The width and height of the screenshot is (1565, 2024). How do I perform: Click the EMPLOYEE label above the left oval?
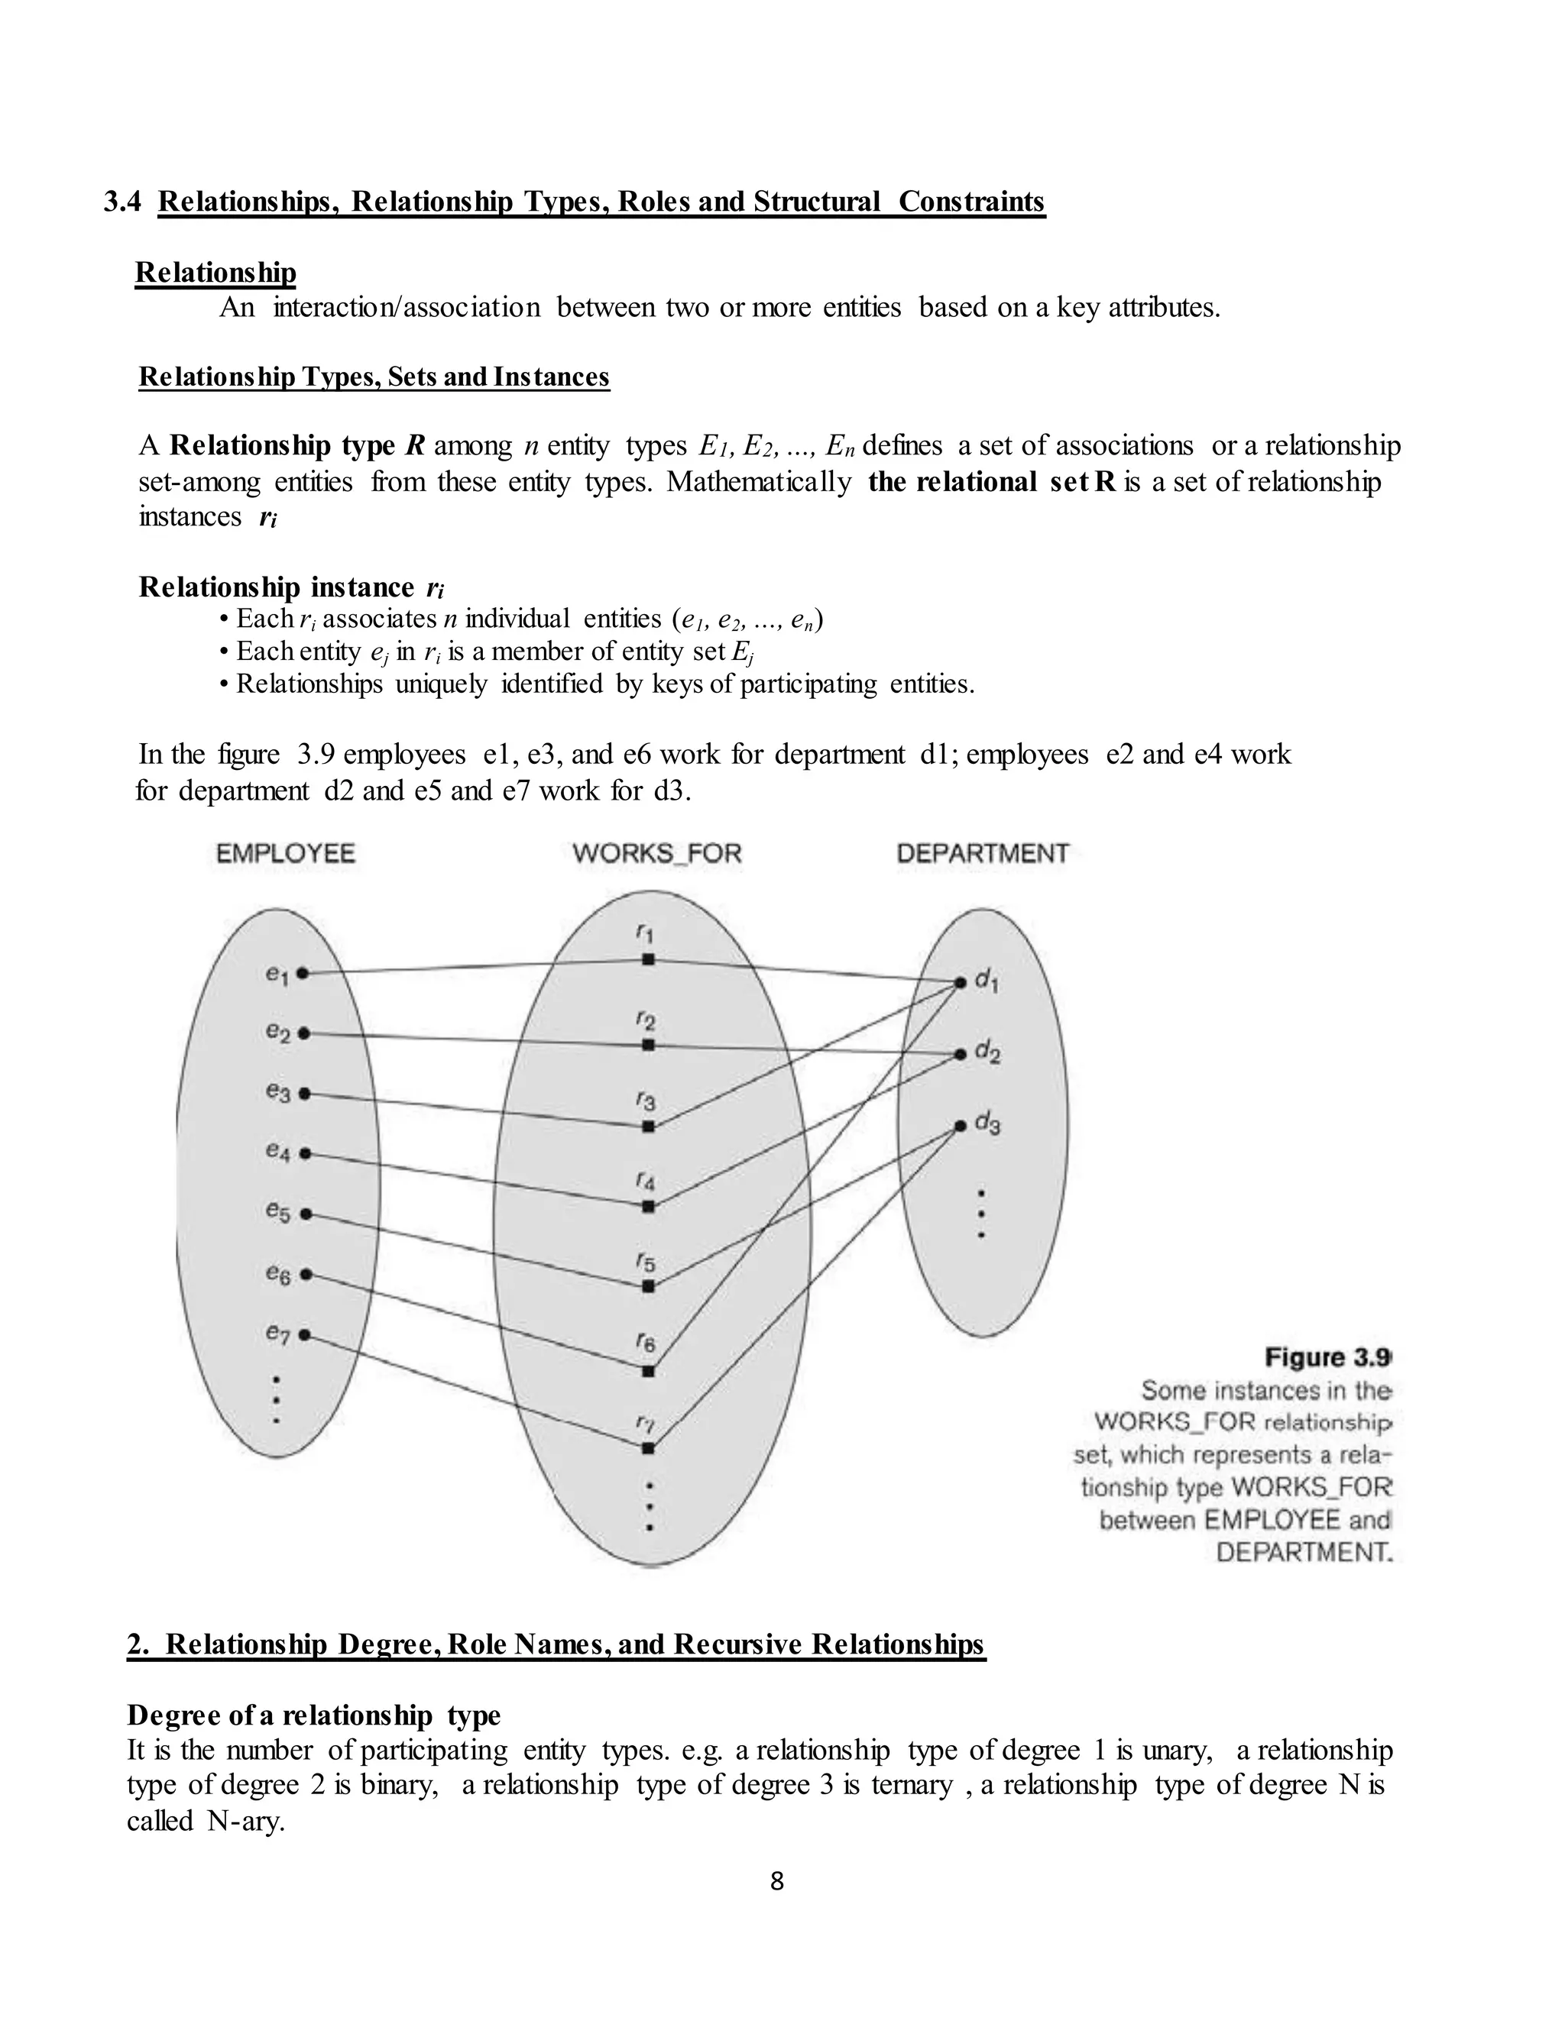(286, 854)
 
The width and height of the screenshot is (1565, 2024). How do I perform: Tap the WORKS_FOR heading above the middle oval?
(657, 854)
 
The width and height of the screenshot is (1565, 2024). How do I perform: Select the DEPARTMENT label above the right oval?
(983, 854)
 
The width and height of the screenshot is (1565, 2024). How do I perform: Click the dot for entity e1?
(303, 973)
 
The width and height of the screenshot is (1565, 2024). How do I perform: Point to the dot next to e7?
(304, 1335)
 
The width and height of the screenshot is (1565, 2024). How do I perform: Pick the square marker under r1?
(649, 960)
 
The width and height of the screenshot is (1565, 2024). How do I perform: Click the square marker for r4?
(649, 1207)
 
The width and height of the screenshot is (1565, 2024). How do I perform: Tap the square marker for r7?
(648, 1447)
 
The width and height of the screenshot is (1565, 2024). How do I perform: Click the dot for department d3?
(961, 1127)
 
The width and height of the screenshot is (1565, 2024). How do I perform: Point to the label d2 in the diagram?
(987, 1054)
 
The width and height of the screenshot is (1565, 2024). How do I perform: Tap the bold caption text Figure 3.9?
(1327, 1358)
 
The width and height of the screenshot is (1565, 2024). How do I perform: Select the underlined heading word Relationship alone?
(215, 273)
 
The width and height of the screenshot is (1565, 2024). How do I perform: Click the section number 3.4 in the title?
(122, 202)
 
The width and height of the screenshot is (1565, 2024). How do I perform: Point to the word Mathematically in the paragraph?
(758, 482)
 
